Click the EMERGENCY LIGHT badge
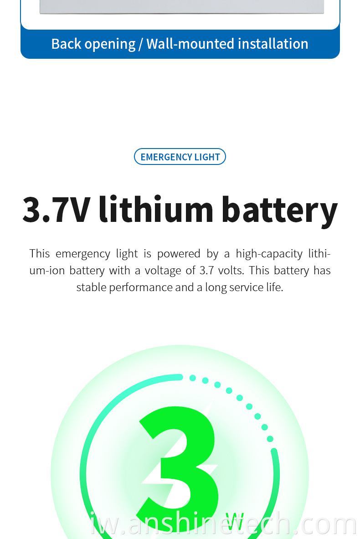click(x=180, y=157)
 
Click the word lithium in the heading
click(x=156, y=209)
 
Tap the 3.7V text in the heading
click(x=57, y=209)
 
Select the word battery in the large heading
click(x=279, y=210)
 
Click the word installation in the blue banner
click(x=273, y=44)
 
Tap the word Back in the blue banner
click(x=66, y=44)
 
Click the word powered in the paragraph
click(x=179, y=254)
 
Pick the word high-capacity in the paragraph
click(x=269, y=254)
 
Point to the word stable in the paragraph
click(x=91, y=287)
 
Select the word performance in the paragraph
click(x=141, y=287)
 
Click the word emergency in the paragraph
click(x=83, y=254)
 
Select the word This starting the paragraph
click(x=40, y=253)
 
